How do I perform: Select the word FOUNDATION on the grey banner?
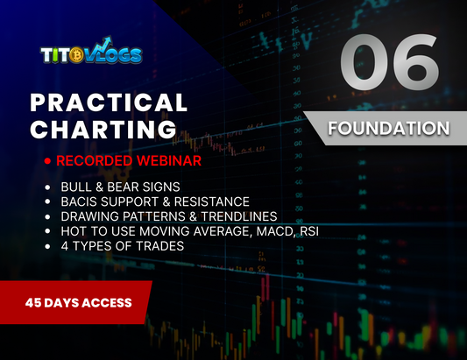(x=388, y=128)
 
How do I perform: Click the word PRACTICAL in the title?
(x=110, y=102)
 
